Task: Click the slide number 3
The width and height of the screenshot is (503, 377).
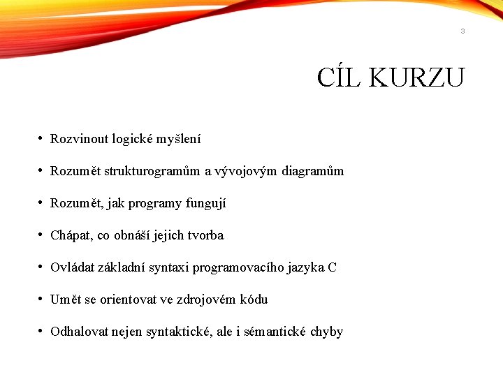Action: tap(462, 31)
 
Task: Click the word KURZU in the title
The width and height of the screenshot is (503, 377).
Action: tap(417, 77)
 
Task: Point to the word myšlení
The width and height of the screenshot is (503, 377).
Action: tap(179, 140)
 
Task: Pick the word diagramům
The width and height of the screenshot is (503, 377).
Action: tap(313, 172)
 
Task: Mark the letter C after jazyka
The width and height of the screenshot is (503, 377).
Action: tap(332, 267)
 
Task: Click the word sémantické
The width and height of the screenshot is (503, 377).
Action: tap(275, 332)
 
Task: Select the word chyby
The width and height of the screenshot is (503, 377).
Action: tap(326, 332)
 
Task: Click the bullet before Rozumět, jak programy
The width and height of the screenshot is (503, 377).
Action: tap(42, 204)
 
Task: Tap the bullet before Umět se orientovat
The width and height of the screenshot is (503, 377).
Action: tap(42, 300)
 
